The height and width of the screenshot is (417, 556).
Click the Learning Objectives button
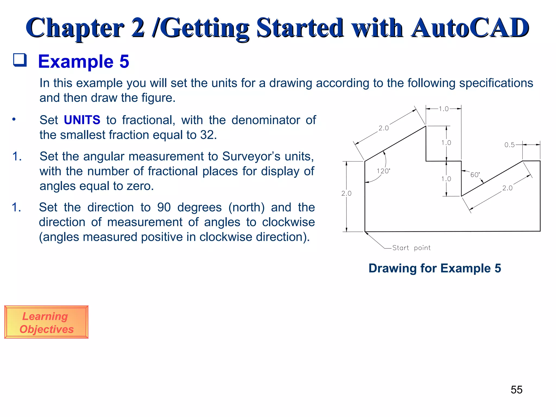[46, 322]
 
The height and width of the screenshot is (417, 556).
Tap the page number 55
[516, 390]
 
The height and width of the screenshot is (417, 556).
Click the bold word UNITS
[82, 120]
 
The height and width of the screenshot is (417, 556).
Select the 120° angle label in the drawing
[383, 171]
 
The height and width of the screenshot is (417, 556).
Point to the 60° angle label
[475, 175]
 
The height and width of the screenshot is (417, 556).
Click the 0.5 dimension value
[509, 145]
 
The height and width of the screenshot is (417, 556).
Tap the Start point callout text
[411, 248]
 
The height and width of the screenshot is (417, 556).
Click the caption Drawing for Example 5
[435, 268]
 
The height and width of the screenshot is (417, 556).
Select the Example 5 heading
[84, 61]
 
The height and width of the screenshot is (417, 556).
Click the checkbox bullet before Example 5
[20, 60]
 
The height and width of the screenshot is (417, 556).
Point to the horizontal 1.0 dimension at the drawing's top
[444, 109]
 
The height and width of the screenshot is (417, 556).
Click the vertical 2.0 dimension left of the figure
[346, 193]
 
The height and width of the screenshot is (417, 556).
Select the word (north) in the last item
[246, 207]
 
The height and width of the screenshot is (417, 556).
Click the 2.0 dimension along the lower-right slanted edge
[507, 188]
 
